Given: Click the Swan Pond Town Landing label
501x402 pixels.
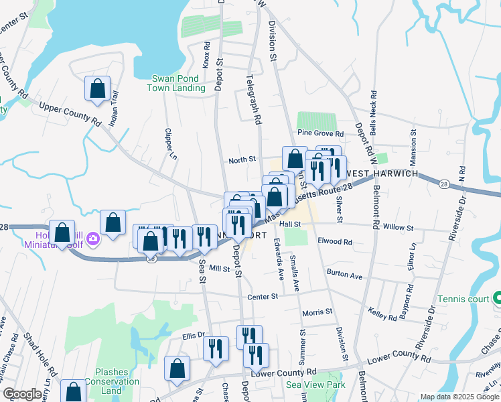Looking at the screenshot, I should point(178,83).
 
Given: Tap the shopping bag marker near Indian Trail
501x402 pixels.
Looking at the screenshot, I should point(97,89).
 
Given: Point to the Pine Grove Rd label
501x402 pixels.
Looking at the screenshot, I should point(321,134).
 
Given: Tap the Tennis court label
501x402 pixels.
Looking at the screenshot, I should point(464,299).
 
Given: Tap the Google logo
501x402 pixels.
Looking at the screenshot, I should point(23,395).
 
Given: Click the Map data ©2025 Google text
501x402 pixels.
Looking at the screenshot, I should point(459,397).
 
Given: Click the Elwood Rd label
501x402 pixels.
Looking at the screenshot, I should point(335,241).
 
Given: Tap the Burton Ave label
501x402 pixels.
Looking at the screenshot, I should point(344,275).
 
